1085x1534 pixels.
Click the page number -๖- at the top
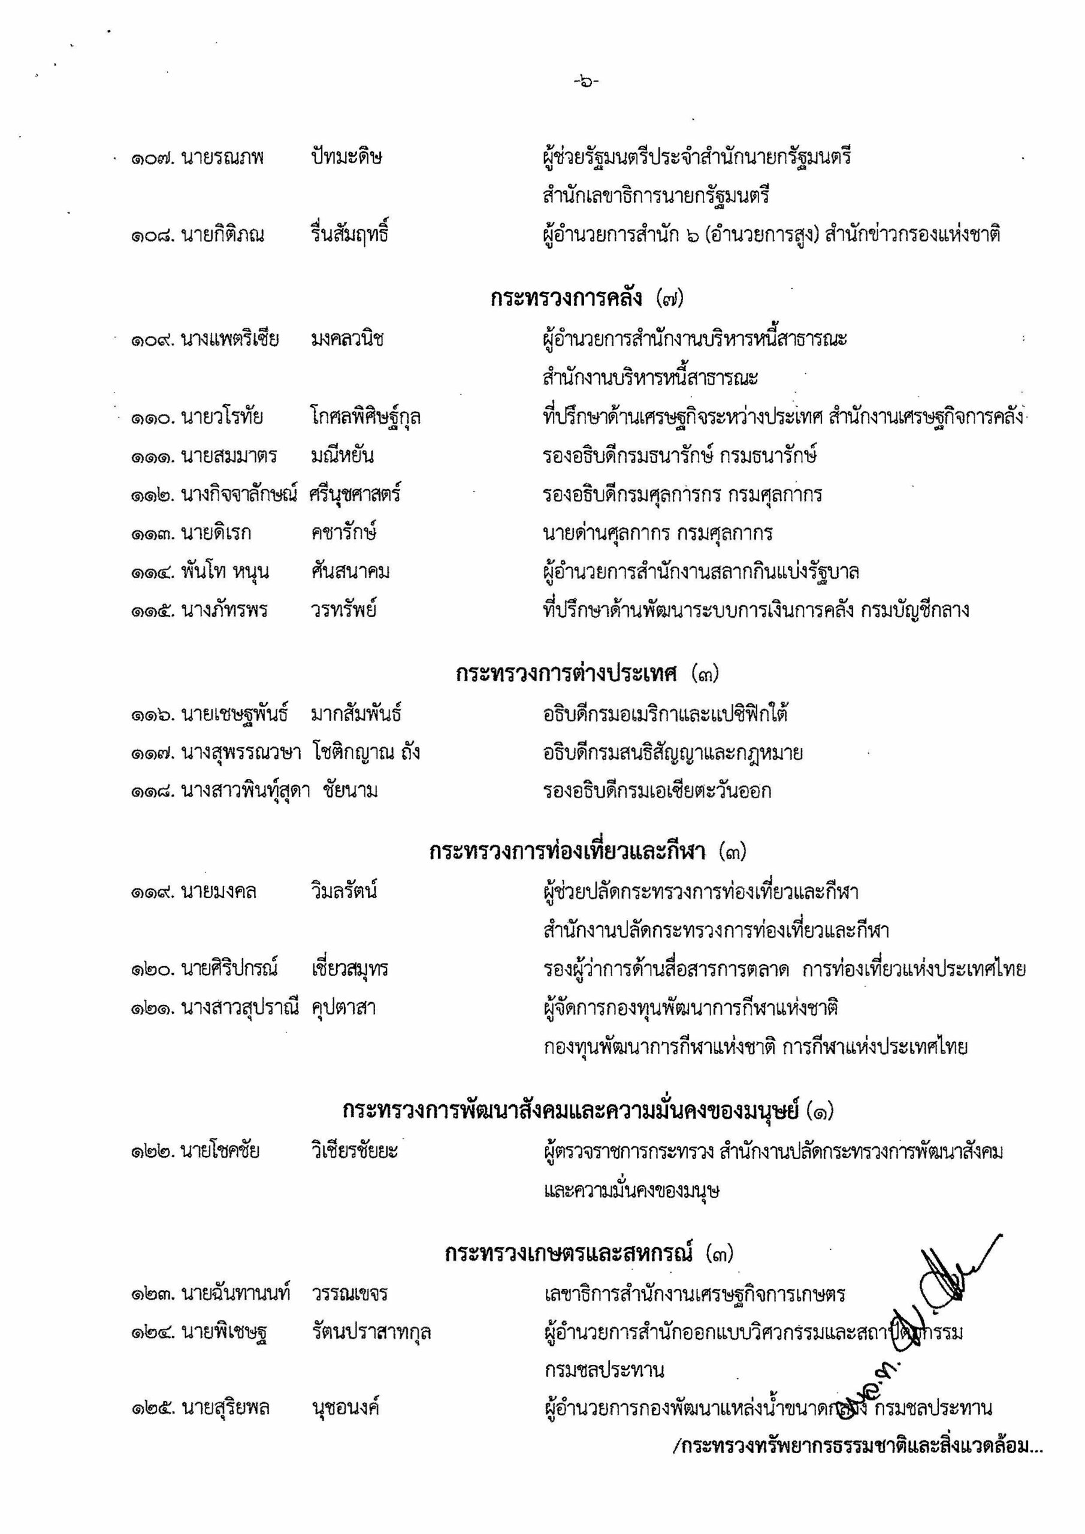pyautogui.click(x=586, y=82)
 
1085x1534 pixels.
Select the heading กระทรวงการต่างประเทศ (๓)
pyautogui.click(x=587, y=674)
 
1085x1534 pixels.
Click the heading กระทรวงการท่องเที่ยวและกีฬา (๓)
pyautogui.click(x=587, y=852)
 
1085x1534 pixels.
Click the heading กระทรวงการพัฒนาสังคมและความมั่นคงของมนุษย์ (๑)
pyautogui.click(x=588, y=1110)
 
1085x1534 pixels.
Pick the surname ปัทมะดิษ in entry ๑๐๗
pyautogui.click(x=346, y=158)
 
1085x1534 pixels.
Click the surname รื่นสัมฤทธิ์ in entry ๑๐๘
pyautogui.click(x=349, y=234)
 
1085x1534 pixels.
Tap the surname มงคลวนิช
pyautogui.click(x=347, y=339)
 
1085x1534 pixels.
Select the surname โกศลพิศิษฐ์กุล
pyautogui.click(x=365, y=418)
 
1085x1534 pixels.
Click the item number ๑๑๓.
pyautogui.click(x=152, y=534)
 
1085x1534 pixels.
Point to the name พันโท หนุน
pyautogui.click(x=225, y=572)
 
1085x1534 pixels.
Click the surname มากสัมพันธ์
pyautogui.click(x=355, y=714)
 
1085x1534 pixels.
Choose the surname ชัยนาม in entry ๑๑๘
pyautogui.click(x=350, y=791)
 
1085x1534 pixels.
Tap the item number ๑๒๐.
pyautogui.click(x=152, y=969)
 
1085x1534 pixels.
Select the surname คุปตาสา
pyautogui.click(x=343, y=1007)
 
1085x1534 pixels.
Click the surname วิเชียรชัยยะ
pyautogui.click(x=354, y=1151)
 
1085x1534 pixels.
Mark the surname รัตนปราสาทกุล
pyautogui.click(x=371, y=1332)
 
